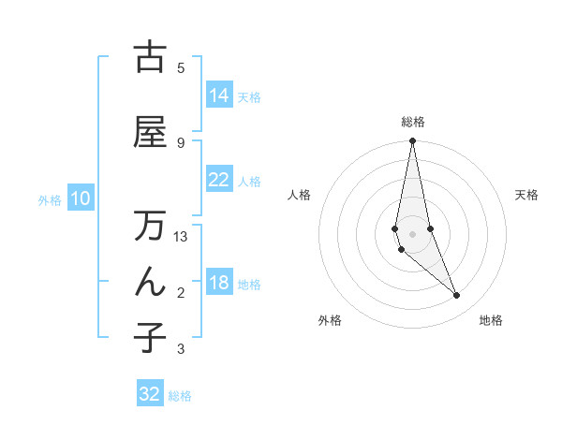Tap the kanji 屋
tap(150, 132)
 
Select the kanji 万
tap(150, 227)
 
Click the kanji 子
tap(150, 337)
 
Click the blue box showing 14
tap(219, 95)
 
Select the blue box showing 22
tap(219, 180)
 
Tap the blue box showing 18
tap(219, 284)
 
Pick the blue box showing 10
tap(81, 198)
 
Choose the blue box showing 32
tap(150, 394)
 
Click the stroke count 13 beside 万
tap(182, 237)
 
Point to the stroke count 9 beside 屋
tap(181, 142)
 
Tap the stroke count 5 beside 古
tap(181, 67)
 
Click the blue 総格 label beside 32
tap(180, 396)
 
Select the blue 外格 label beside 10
tap(50, 199)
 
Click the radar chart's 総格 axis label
tap(413, 122)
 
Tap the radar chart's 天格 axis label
tap(526, 195)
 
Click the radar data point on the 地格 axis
tap(457, 296)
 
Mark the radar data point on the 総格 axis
tap(413, 141)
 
